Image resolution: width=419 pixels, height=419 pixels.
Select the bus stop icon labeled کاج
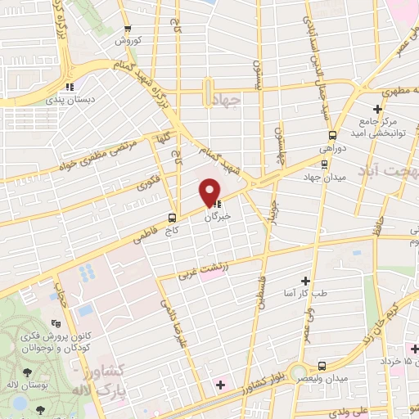pyautogui.click(x=172, y=218)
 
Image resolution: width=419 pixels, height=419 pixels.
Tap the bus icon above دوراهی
pyautogui.click(x=332, y=135)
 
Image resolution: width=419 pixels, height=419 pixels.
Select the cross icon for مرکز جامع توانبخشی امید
pyautogui.click(x=377, y=109)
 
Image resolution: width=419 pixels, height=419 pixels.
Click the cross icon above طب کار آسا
pyautogui.click(x=307, y=281)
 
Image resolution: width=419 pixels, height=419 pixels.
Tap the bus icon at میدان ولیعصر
pyautogui.click(x=322, y=366)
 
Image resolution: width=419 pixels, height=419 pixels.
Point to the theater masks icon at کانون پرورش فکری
pyautogui.click(x=56, y=323)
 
